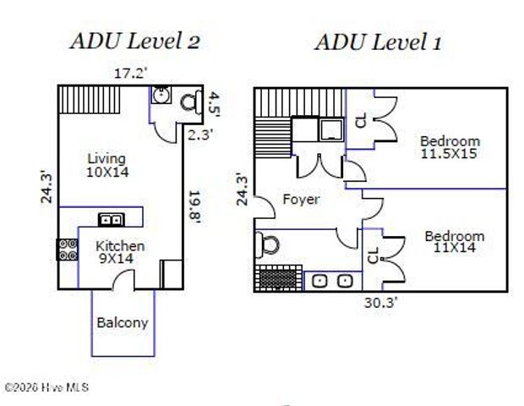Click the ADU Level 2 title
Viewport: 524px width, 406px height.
[135, 41]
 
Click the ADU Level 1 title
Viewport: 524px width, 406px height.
[378, 43]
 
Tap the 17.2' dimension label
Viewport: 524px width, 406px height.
[130, 74]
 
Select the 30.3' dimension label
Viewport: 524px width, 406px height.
[381, 303]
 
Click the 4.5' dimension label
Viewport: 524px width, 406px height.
[214, 105]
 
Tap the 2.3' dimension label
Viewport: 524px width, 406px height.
[200, 134]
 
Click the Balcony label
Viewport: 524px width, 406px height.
[123, 323]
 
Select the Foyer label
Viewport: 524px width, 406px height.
[301, 200]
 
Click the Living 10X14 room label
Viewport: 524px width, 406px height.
[107, 165]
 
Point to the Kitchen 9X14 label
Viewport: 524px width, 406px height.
[120, 252]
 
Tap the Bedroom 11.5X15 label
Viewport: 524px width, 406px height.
[450, 147]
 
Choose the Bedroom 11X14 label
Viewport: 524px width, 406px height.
[455, 242]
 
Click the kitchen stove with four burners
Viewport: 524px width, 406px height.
[68, 250]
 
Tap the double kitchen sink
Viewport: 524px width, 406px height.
[112, 220]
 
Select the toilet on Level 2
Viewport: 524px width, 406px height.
[191, 101]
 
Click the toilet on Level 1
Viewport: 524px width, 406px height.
[267, 244]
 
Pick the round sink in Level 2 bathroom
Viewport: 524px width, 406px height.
[161, 95]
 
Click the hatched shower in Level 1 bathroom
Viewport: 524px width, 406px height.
[278, 278]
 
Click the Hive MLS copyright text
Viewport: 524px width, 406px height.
[46, 387]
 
